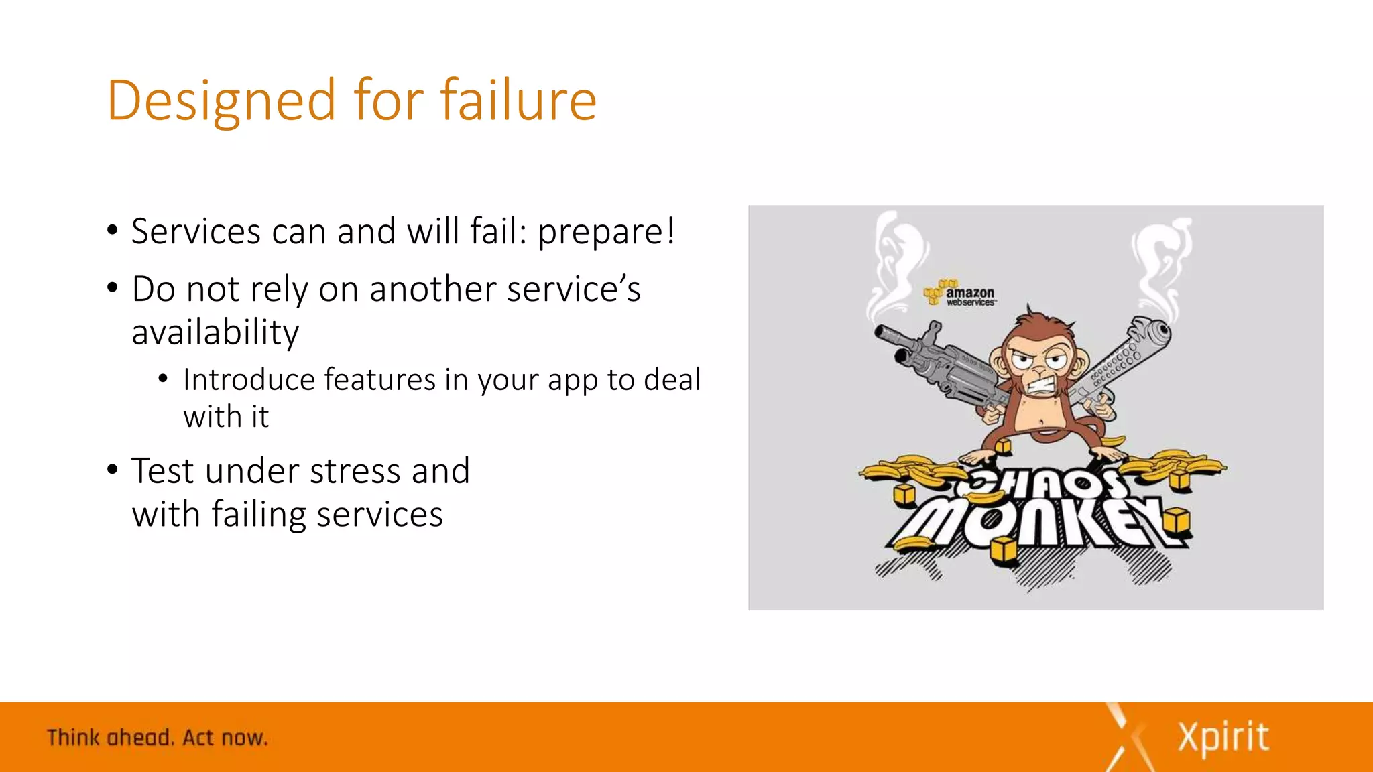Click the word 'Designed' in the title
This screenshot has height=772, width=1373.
[x=221, y=101]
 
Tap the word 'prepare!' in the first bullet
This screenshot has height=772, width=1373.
[x=606, y=232]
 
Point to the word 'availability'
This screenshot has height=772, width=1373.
[x=215, y=333]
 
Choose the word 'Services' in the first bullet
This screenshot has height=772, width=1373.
[x=196, y=232]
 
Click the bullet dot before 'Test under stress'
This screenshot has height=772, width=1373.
[x=113, y=470]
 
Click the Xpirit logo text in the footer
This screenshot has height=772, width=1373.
[x=1223, y=737]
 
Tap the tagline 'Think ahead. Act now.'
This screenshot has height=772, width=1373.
[x=158, y=738]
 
